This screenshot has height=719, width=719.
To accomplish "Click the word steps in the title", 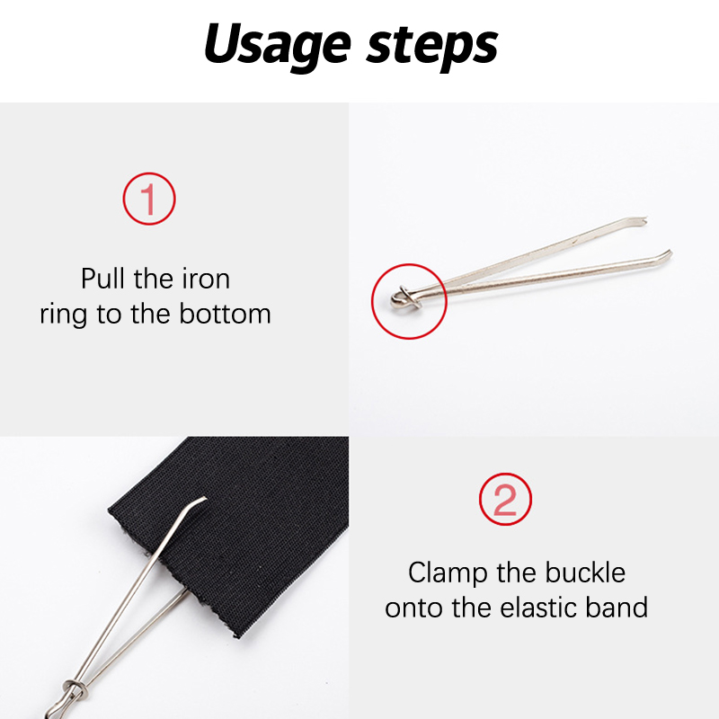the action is click(431, 47).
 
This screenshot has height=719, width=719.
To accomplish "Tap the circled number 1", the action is click(149, 199).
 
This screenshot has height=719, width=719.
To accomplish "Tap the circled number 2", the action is click(505, 499).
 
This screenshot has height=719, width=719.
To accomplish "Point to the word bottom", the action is click(225, 314).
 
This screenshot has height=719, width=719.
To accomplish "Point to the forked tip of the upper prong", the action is click(644, 220).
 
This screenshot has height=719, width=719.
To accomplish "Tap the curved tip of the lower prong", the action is click(668, 253).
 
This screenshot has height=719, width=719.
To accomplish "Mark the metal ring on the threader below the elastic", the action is click(75, 688).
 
